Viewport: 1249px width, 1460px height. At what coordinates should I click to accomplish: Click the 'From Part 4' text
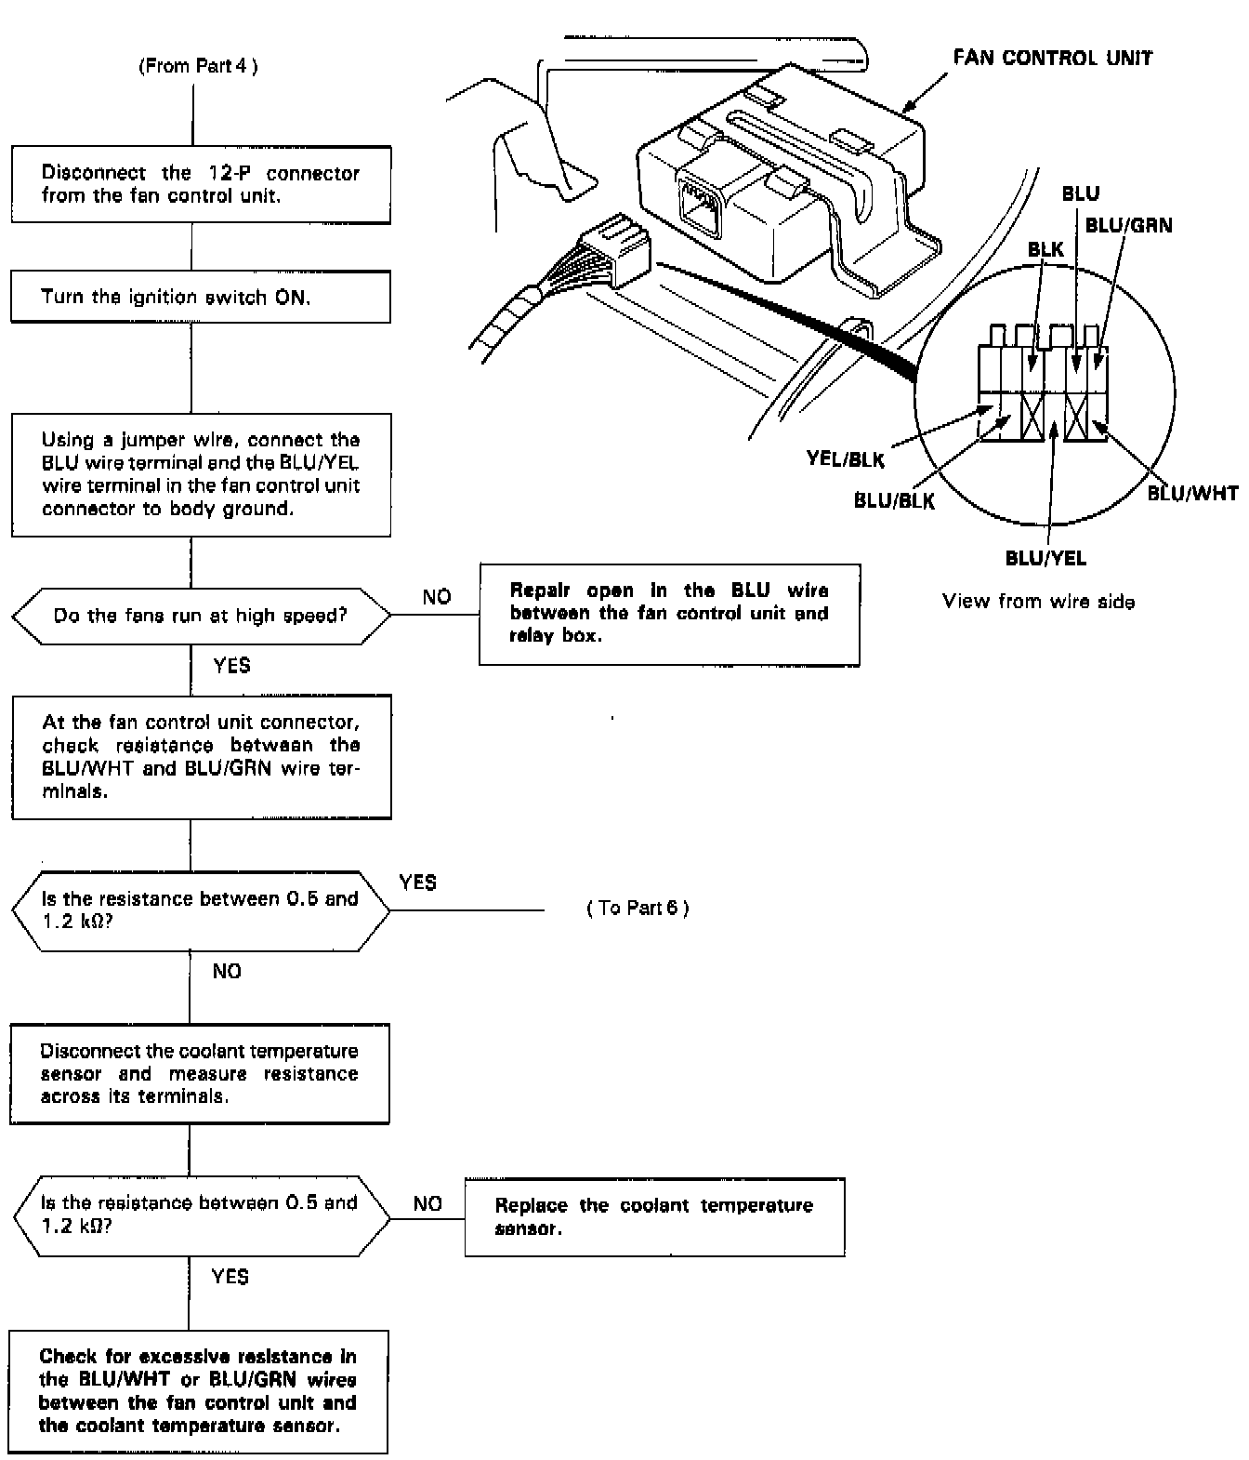(x=198, y=66)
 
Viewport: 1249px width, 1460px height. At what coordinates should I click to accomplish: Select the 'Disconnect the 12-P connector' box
(x=201, y=184)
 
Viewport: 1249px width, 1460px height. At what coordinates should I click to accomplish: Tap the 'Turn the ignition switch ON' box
(x=201, y=297)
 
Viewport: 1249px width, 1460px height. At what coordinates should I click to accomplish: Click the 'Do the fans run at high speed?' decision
(x=201, y=616)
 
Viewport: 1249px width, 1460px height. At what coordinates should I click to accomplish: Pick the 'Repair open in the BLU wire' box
(x=669, y=614)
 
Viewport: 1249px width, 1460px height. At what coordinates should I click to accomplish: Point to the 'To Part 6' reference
(x=638, y=909)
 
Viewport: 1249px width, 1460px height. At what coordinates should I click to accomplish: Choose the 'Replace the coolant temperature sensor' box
(x=654, y=1217)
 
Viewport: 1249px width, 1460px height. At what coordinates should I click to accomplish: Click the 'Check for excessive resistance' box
(x=198, y=1391)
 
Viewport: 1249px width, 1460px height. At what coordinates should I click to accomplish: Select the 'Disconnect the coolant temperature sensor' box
(x=199, y=1074)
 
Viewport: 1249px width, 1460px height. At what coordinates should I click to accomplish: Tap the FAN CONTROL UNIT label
(x=1052, y=58)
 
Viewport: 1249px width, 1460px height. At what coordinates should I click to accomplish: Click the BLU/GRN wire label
(x=1128, y=226)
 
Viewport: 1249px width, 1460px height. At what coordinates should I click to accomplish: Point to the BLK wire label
(x=1045, y=249)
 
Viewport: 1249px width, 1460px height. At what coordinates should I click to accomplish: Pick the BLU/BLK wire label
(x=894, y=500)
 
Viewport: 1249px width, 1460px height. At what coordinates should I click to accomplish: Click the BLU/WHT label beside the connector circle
(x=1192, y=493)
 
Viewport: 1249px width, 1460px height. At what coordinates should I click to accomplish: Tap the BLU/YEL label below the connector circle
(x=1045, y=558)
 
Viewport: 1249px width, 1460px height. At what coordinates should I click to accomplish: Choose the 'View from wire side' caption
(x=1038, y=602)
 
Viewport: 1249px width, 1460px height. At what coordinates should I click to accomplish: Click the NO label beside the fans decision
(x=437, y=597)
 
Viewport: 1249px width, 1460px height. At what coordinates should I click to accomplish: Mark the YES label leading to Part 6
(x=417, y=882)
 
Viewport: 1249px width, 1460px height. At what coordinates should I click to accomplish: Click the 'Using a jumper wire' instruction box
(x=201, y=474)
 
